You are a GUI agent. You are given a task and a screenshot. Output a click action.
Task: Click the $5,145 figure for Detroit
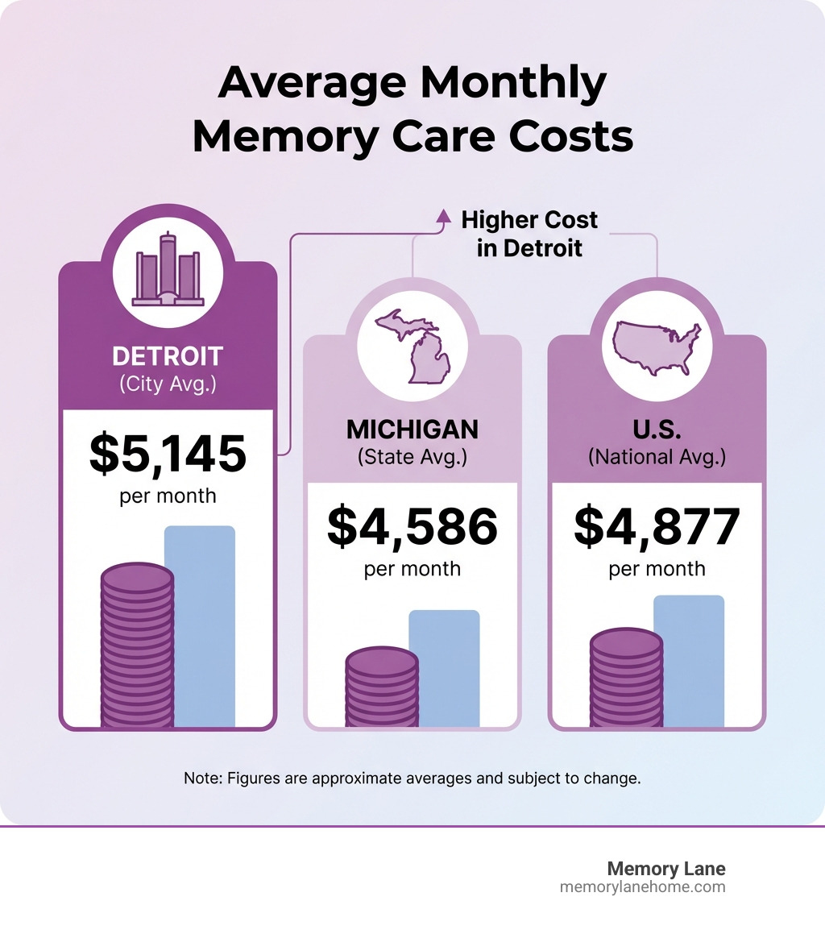[168, 453]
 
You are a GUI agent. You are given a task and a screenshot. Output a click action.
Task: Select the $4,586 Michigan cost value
[412, 526]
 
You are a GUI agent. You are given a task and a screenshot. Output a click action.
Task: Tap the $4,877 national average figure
[657, 526]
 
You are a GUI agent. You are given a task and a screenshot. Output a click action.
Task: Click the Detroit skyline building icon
[168, 269]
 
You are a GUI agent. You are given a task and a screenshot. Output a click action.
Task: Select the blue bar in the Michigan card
[444, 668]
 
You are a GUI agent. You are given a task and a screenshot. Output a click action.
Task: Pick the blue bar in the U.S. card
[689, 661]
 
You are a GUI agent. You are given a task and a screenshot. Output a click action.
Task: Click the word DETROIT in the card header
[168, 356]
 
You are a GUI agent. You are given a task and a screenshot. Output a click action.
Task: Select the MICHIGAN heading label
[412, 430]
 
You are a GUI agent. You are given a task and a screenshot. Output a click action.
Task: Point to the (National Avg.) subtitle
[657, 457]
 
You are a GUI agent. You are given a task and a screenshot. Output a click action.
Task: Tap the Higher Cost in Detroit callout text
[529, 234]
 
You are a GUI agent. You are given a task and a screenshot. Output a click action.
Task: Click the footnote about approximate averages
[412, 779]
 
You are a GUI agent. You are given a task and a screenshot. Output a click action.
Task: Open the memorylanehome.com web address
[642, 886]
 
